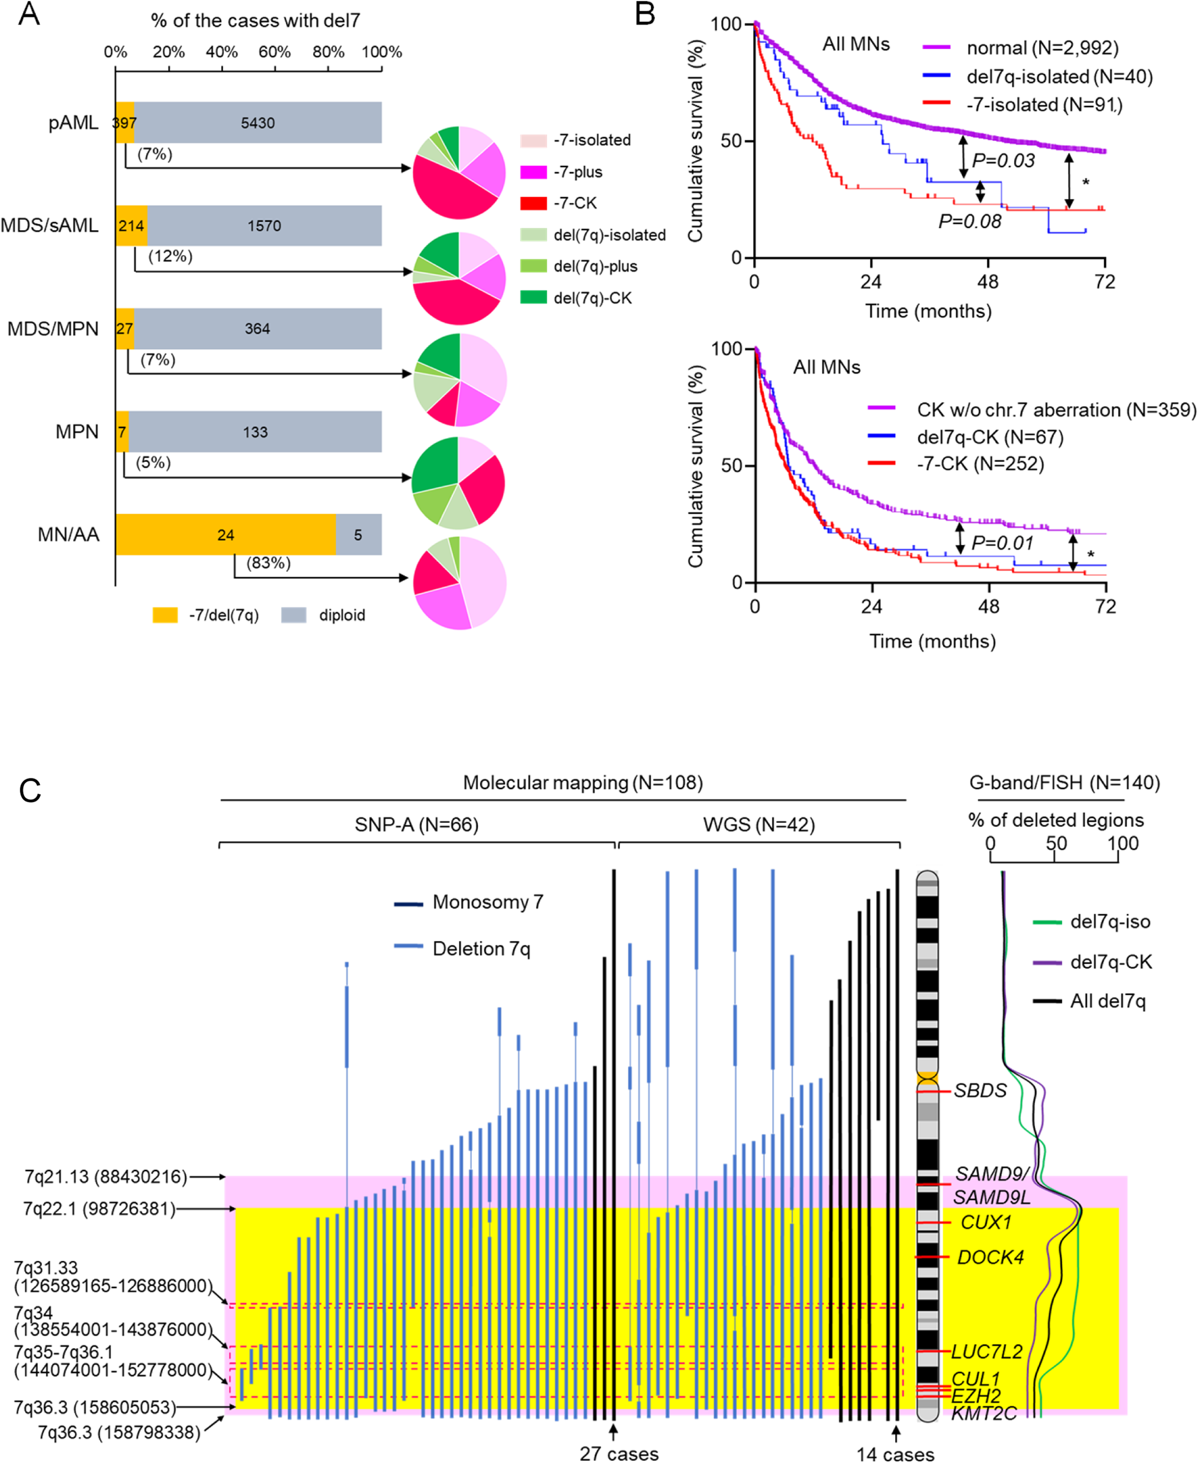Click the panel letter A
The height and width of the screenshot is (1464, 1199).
tap(28, 14)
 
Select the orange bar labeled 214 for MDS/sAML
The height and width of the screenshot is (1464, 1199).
tap(131, 225)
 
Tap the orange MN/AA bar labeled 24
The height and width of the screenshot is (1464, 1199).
tap(225, 535)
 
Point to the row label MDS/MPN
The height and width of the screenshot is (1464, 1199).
tap(53, 329)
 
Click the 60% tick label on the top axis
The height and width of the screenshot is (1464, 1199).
tap(274, 52)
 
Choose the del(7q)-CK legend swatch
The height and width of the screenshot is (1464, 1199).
tap(533, 298)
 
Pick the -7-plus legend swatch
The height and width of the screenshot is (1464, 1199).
tap(533, 172)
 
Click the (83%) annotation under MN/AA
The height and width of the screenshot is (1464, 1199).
tap(269, 563)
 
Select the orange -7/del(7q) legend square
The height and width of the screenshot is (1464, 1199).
tap(165, 614)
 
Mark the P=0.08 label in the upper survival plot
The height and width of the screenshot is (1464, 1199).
tap(969, 221)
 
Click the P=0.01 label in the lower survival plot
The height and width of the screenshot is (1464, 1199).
tap(1002, 543)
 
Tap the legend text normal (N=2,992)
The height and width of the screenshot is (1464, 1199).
tap(1042, 47)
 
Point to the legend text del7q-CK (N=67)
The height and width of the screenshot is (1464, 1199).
tap(990, 437)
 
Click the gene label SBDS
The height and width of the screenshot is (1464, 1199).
tap(980, 1090)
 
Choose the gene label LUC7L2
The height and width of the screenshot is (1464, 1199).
tap(986, 1352)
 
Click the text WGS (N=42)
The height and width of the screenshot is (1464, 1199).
tap(758, 825)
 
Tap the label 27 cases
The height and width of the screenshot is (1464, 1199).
tap(619, 1454)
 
